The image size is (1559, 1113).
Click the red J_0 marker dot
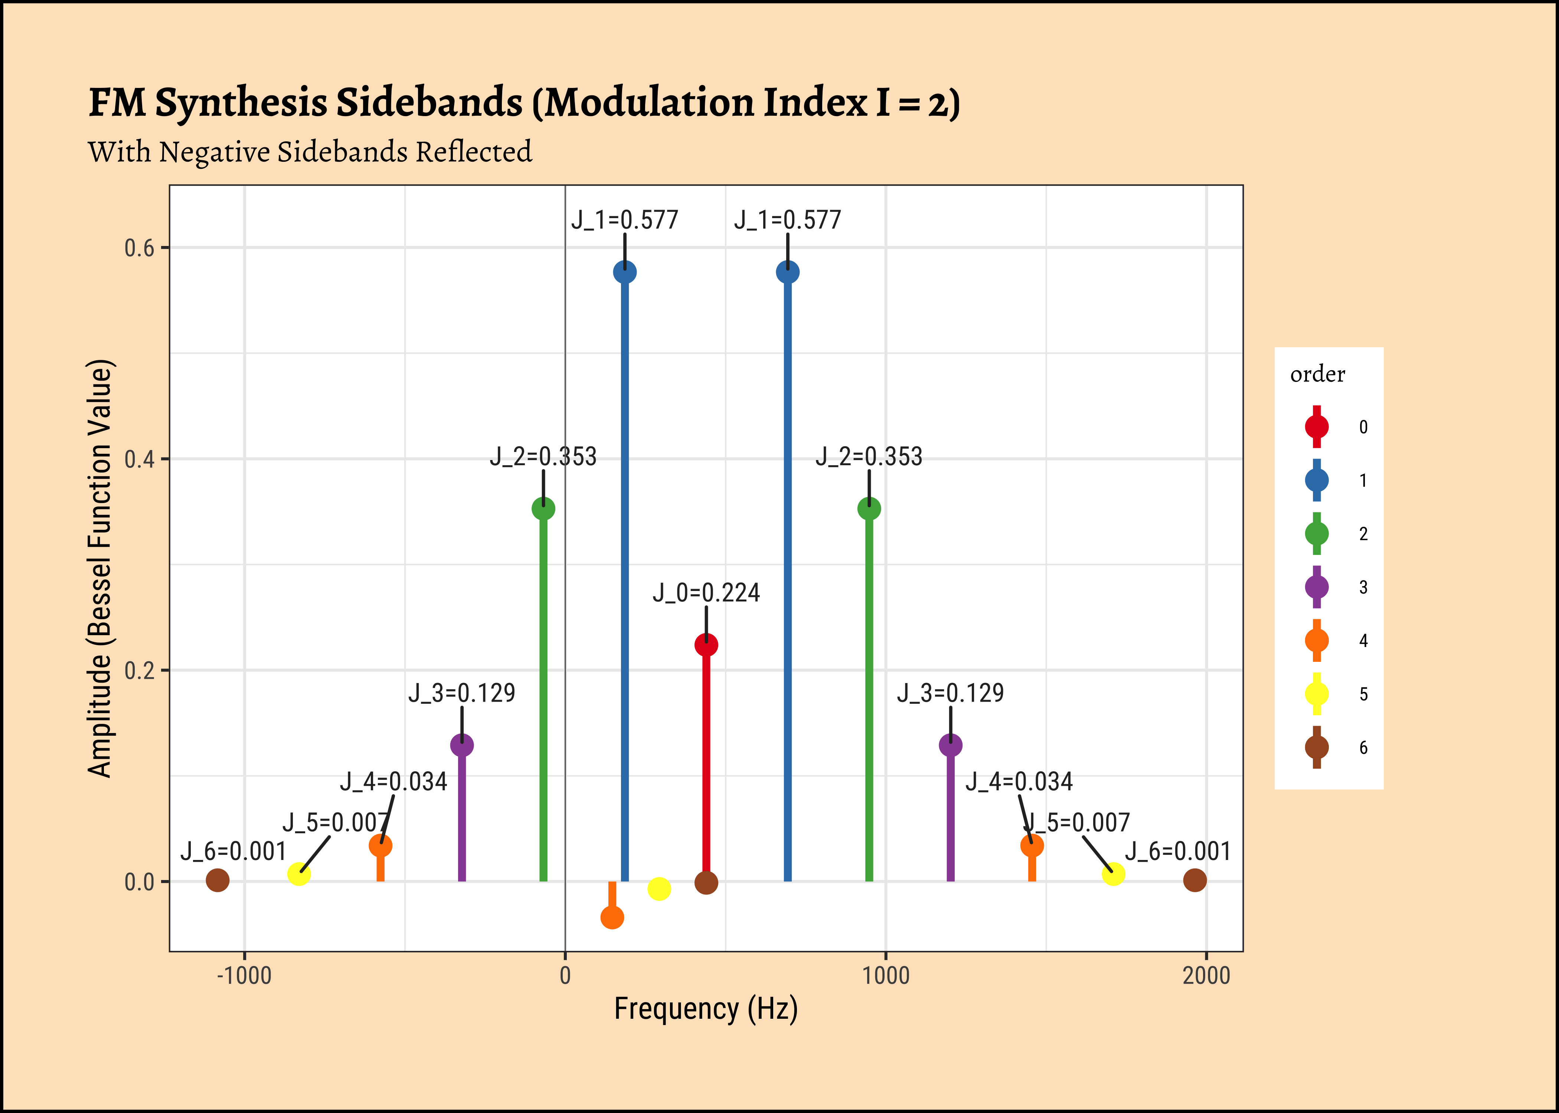(x=706, y=645)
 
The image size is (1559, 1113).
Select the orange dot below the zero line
(x=612, y=917)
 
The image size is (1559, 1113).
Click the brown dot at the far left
(x=217, y=880)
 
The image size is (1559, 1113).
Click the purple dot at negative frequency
(x=462, y=745)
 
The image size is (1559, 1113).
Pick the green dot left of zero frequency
(x=544, y=509)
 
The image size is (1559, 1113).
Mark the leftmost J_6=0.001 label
(x=233, y=851)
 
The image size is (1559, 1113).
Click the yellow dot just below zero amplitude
(x=659, y=889)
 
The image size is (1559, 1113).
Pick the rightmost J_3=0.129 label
(x=950, y=693)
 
